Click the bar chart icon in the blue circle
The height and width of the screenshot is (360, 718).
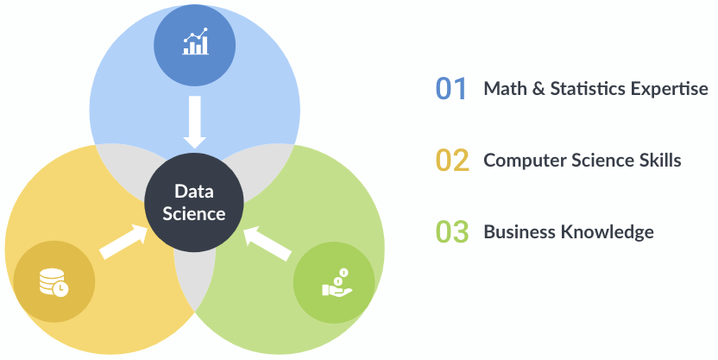click(195, 42)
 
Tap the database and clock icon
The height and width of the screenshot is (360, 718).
click(54, 281)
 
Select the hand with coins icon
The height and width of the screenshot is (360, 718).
click(334, 282)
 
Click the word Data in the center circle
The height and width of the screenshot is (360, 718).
click(193, 192)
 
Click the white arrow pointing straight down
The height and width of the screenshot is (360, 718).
click(195, 122)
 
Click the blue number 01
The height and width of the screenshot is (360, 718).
click(450, 89)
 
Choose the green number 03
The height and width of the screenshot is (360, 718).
click(451, 232)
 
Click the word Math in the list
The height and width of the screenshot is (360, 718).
click(502, 89)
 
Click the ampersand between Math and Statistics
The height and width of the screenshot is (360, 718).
click(532, 89)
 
